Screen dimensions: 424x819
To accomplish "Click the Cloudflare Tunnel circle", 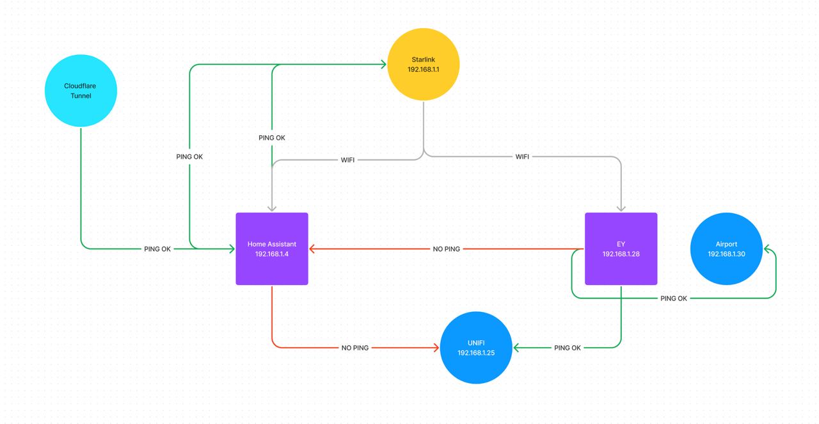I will [81, 91].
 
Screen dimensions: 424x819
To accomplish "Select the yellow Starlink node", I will [423, 64].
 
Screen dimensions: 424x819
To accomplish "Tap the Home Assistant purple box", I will [272, 249].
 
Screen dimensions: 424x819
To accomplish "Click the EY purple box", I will [621, 249].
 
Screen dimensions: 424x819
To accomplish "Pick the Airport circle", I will [726, 249].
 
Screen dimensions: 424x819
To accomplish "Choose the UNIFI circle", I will [476, 348].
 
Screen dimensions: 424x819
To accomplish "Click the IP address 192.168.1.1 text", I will [423, 69].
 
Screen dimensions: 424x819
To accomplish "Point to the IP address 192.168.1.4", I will [272, 254].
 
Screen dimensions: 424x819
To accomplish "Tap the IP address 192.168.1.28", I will [621, 254].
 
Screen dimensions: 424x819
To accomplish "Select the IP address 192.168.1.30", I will [726, 254].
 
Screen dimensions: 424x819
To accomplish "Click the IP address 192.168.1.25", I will [476, 353].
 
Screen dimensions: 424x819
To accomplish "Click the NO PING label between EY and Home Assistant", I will [446, 249].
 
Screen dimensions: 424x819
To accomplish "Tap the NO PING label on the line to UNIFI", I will [354, 348].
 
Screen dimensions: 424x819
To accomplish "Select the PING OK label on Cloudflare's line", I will [157, 249].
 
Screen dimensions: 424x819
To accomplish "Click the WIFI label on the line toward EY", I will [522, 157].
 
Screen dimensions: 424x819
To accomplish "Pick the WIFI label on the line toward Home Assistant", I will [347, 160].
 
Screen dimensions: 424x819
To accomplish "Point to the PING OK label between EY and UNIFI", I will [567, 348].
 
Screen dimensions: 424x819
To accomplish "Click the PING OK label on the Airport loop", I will [673, 298].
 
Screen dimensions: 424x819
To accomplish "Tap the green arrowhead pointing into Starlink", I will [383, 64].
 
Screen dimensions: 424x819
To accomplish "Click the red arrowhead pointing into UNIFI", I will [436, 348].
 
